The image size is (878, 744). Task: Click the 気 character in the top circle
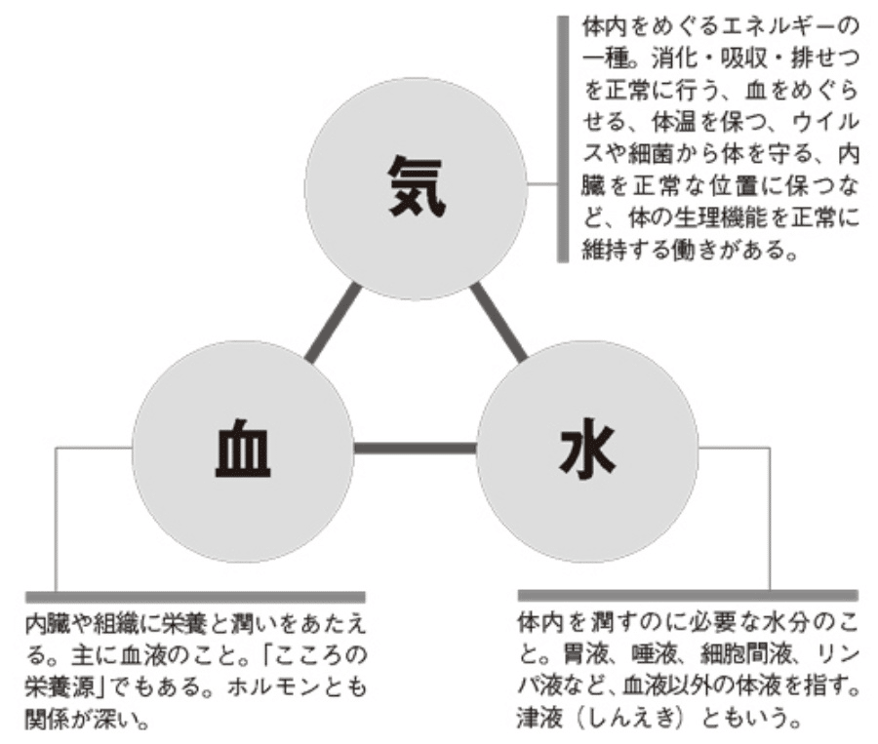[416, 187]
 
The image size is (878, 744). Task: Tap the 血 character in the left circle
[243, 450]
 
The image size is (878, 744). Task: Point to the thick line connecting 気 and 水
[499, 323]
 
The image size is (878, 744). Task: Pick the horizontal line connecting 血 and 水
[415, 449]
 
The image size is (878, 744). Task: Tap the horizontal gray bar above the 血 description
[195, 596]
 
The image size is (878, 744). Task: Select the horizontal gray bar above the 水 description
[687, 594]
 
